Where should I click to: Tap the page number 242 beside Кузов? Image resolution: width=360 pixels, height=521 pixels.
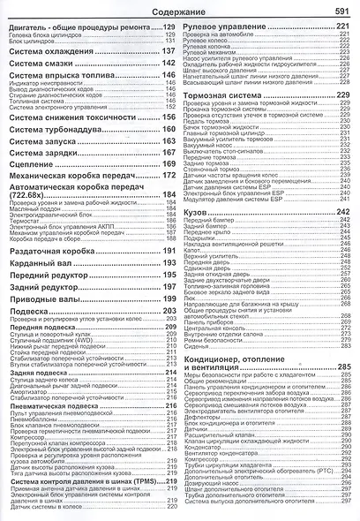[345, 213]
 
